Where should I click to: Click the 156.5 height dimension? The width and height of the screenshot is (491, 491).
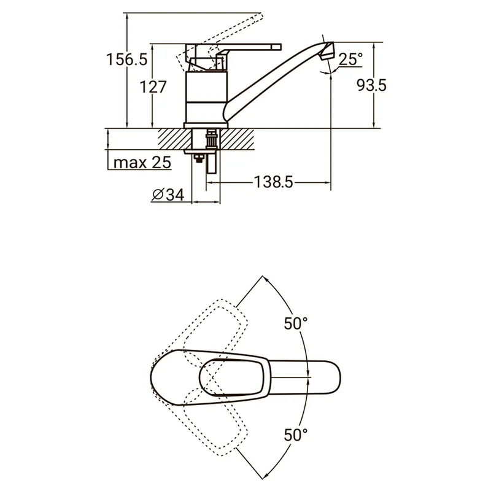click(x=126, y=60)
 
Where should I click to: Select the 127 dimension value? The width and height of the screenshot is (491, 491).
click(x=153, y=87)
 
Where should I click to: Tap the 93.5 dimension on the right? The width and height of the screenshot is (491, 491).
click(x=372, y=85)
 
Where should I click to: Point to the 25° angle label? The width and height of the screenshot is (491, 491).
click(x=350, y=59)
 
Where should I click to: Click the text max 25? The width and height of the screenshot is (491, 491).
click(x=142, y=163)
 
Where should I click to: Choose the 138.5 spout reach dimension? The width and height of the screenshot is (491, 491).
click(x=273, y=182)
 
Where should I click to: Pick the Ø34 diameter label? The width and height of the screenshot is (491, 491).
click(x=168, y=195)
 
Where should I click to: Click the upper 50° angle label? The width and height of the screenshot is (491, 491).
click(x=296, y=323)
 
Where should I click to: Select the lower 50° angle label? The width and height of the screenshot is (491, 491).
click(x=296, y=435)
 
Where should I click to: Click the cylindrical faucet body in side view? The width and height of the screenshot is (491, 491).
click(x=206, y=97)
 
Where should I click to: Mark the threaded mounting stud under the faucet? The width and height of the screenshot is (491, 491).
click(x=210, y=139)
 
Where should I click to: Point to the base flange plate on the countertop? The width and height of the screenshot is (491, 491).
click(x=206, y=125)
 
